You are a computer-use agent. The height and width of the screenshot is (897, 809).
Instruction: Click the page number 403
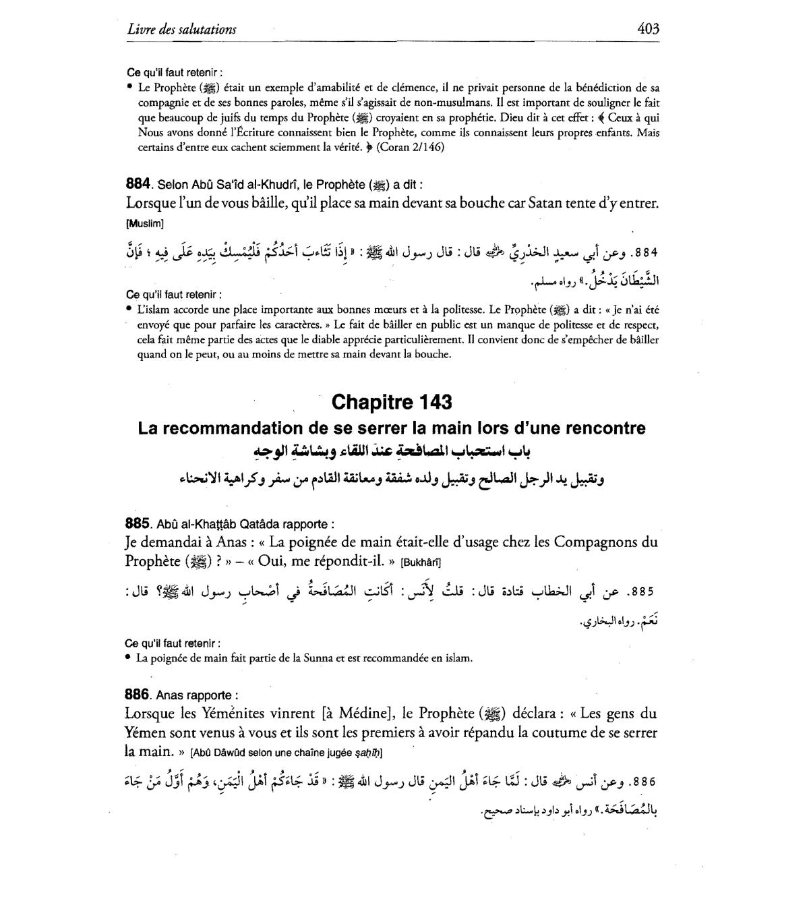pos(647,28)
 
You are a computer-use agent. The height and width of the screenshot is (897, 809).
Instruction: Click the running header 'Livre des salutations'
pos(181,29)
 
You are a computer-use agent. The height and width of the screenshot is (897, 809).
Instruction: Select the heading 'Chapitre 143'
pos(392,403)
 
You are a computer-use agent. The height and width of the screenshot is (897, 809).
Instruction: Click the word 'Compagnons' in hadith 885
pos(587,542)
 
